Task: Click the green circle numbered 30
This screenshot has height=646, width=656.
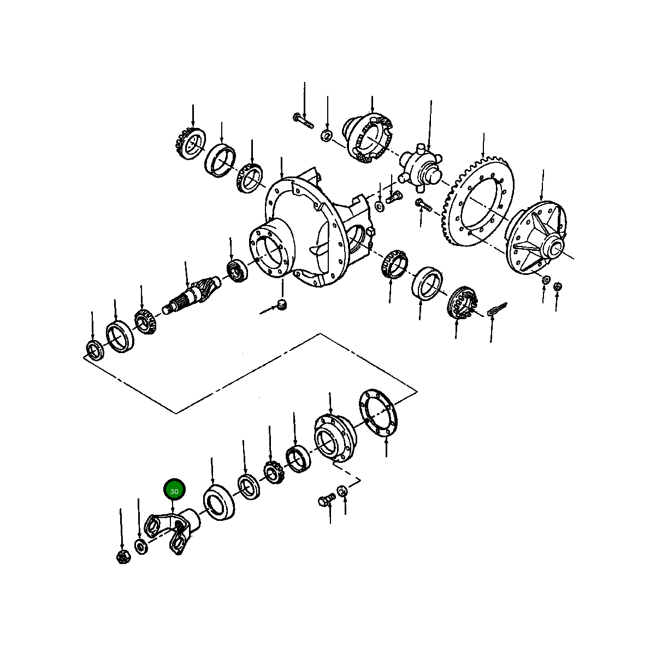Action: pos(174,491)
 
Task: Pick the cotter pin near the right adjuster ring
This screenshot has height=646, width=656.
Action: pos(498,309)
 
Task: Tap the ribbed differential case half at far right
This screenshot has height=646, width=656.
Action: pos(536,238)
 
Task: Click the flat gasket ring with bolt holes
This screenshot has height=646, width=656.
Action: pos(378,412)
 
